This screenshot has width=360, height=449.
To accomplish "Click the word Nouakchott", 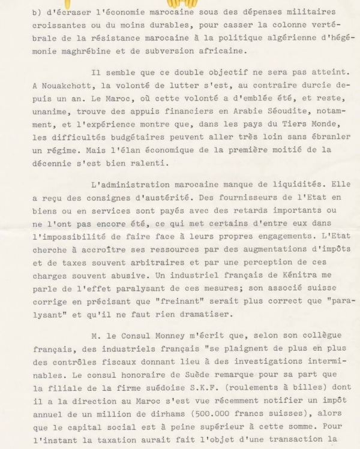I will (x=67, y=85).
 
